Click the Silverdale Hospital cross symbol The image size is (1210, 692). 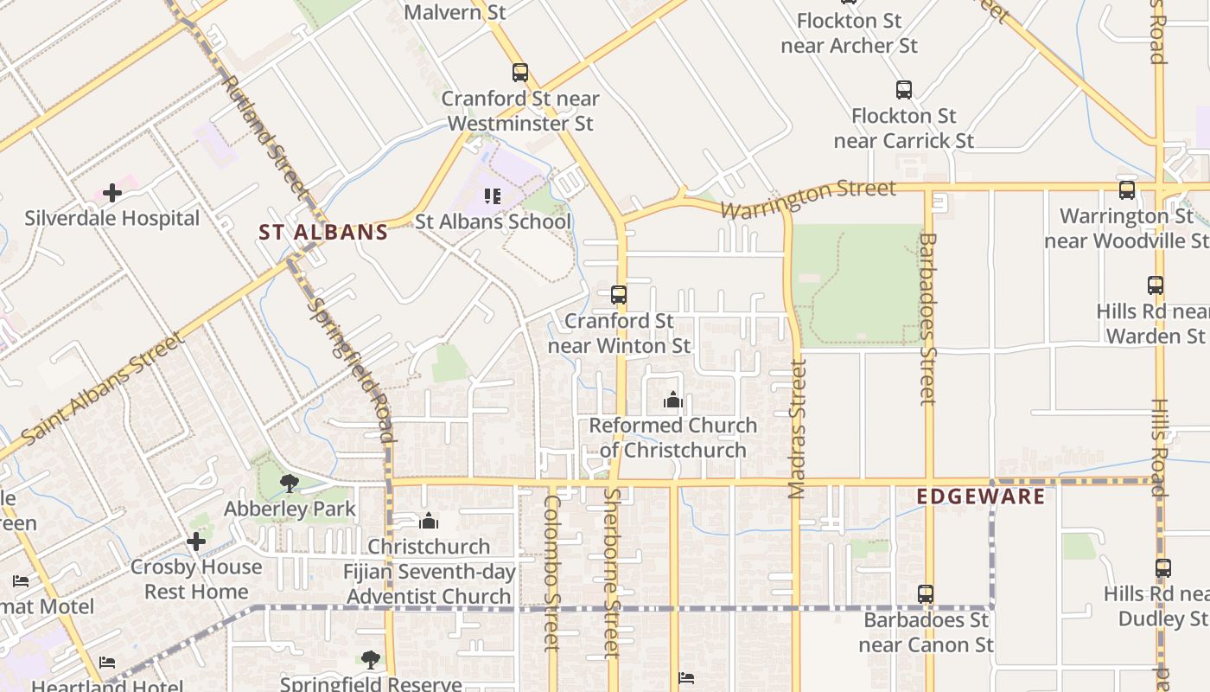pos(112,193)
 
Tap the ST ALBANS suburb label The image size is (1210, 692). pos(323,232)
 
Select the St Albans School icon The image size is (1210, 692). pos(493,196)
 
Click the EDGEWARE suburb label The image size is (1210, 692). pos(981,497)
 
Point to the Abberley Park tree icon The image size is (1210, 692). pos(290,484)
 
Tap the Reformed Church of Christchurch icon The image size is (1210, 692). pos(673,400)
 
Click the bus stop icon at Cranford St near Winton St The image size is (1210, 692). pos(619,295)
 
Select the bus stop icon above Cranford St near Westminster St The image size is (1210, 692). pos(519,73)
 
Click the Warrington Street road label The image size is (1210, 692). pos(808,199)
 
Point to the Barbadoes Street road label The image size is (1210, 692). pos(928,317)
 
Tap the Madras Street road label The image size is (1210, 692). pos(797,428)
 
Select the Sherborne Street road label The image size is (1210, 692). pos(612,573)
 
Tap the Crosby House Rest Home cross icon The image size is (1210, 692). pos(196,541)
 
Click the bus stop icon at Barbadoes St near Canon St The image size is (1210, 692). pos(926,594)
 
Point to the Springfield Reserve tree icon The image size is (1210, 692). pos(371,660)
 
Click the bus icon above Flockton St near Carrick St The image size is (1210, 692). pos(904,90)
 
